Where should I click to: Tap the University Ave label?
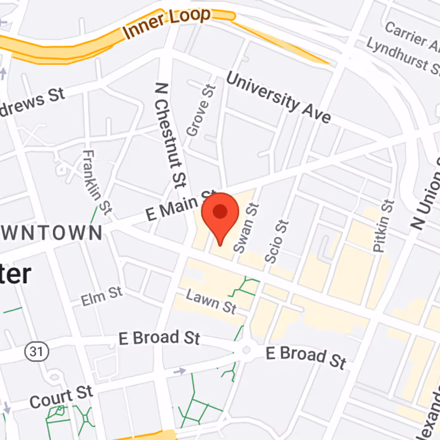(x=279, y=98)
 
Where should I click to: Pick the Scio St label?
(x=277, y=241)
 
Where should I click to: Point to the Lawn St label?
(x=211, y=302)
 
